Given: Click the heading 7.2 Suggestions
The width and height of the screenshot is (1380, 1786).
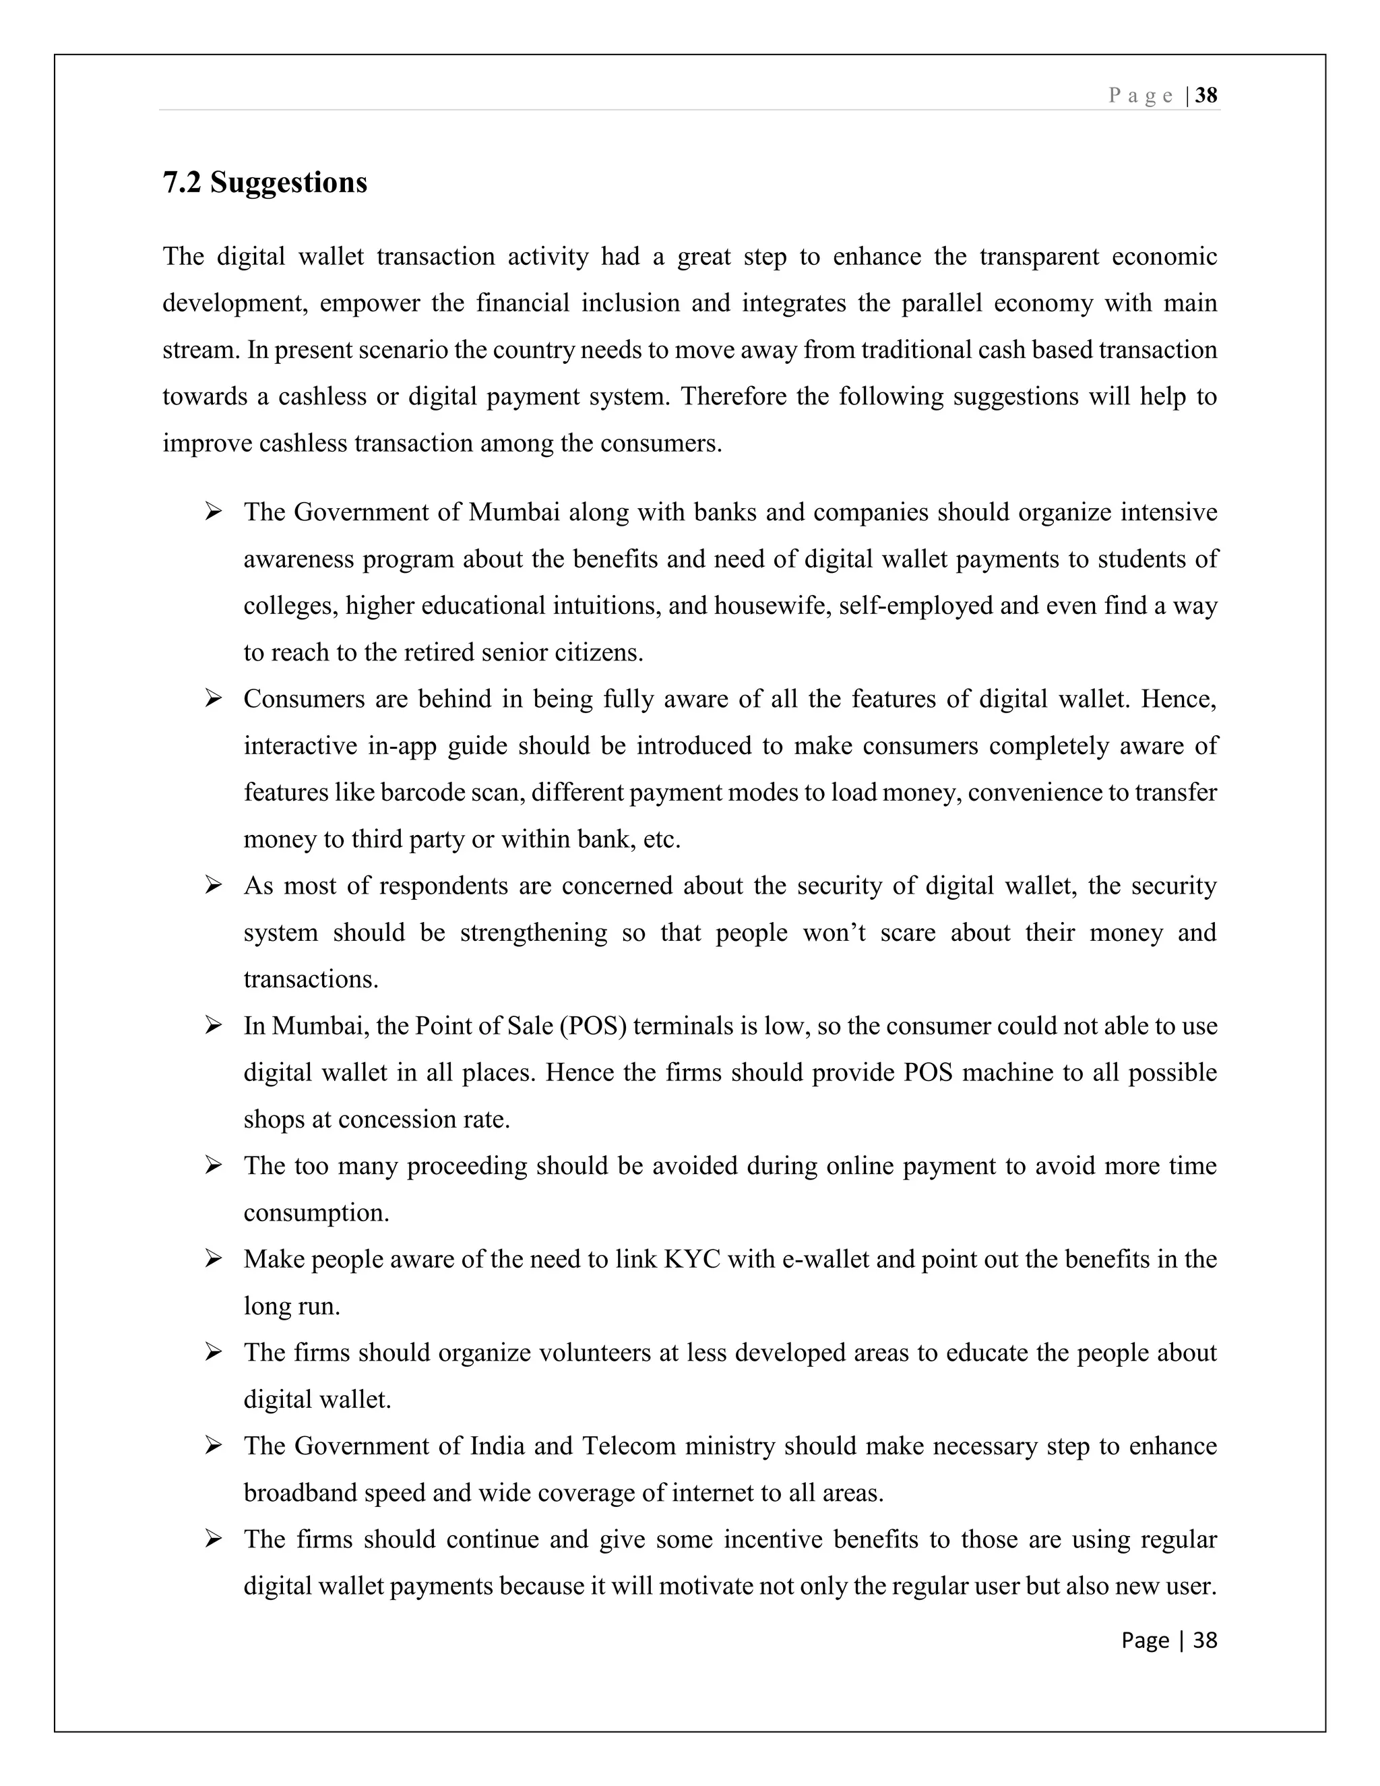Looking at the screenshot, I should coord(265,183).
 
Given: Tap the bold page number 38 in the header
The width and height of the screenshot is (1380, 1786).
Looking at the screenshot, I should coord(1206,96).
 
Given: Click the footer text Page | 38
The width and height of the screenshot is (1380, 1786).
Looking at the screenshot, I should coord(1169,1640).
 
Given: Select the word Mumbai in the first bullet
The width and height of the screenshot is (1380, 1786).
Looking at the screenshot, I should coord(514,513).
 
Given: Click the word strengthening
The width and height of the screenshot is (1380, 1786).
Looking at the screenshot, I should coord(533,932).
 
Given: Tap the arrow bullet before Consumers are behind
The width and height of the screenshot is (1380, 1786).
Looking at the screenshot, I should coord(214,698).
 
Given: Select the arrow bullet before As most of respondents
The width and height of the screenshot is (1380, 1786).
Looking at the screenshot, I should coord(214,885).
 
